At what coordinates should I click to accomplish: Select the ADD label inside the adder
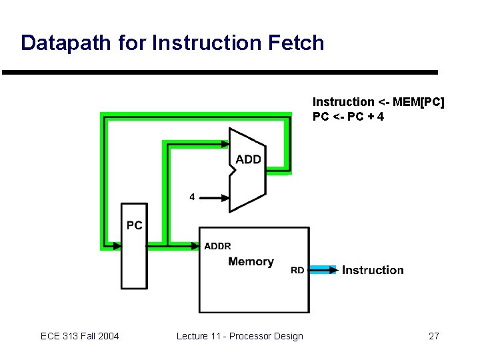click(x=248, y=159)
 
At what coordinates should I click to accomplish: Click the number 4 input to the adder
click(x=192, y=197)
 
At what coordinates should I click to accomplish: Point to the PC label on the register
click(x=134, y=225)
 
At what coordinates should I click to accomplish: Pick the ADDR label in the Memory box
click(x=217, y=246)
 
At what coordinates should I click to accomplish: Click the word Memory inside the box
click(x=251, y=261)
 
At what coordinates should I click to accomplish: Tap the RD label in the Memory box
click(x=298, y=270)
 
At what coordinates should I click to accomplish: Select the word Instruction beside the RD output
click(x=373, y=270)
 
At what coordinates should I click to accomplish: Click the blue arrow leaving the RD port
click(x=323, y=270)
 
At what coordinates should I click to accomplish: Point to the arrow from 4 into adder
click(x=214, y=197)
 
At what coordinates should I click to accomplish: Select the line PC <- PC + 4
click(x=349, y=117)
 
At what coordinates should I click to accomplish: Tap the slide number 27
click(x=433, y=336)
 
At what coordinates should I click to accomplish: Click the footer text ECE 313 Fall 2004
click(x=80, y=336)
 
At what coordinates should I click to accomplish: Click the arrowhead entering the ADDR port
click(x=195, y=246)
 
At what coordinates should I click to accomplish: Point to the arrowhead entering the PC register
click(x=117, y=246)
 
